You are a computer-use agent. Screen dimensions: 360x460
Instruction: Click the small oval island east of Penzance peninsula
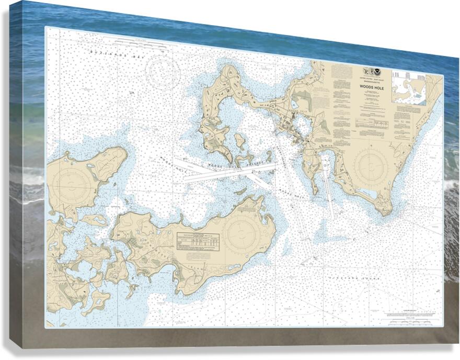point(239,141)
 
